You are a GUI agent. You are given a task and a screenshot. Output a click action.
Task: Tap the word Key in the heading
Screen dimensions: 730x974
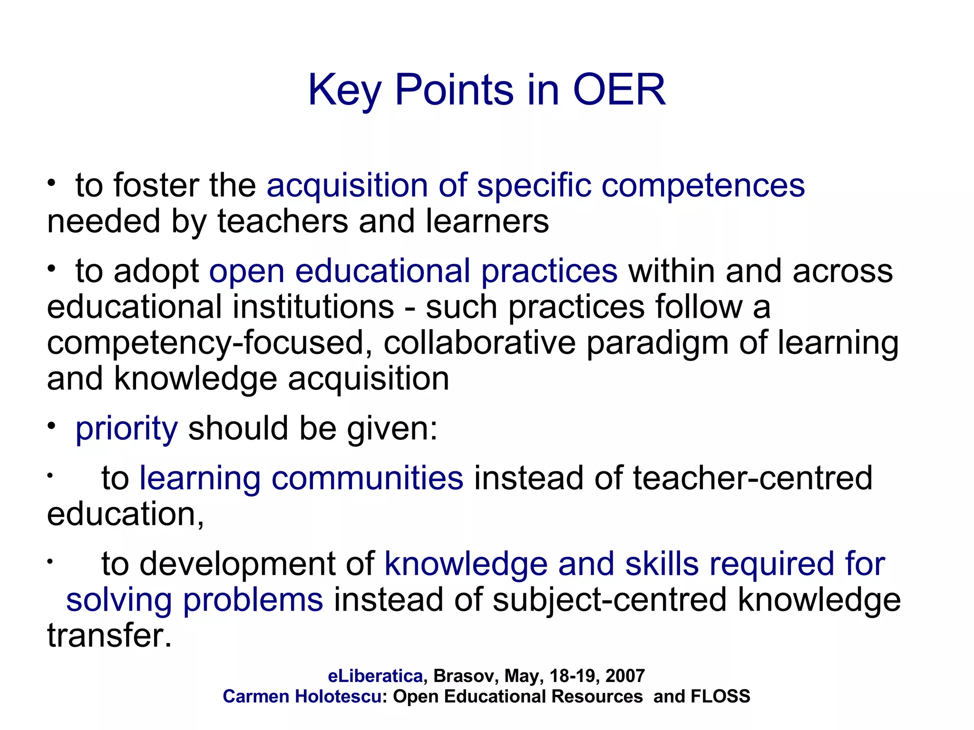[344, 90]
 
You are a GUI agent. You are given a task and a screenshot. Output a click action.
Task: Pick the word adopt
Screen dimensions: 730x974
[156, 272]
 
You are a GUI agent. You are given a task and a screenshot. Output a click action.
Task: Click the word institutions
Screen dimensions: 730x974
[313, 307]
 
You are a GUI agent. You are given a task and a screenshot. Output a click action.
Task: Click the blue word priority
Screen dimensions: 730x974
[127, 429]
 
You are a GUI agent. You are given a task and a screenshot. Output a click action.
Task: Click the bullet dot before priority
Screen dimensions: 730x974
[51, 426]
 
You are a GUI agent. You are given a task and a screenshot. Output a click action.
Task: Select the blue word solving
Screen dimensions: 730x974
[119, 600]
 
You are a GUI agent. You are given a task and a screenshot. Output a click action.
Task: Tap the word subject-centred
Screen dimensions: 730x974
[609, 600]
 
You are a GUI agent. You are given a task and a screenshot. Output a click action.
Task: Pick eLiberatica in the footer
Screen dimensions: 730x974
[375, 676]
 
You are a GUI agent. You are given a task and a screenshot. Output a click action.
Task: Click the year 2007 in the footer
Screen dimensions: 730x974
[625, 676]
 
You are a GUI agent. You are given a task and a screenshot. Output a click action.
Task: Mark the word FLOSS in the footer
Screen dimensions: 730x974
[720, 697]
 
